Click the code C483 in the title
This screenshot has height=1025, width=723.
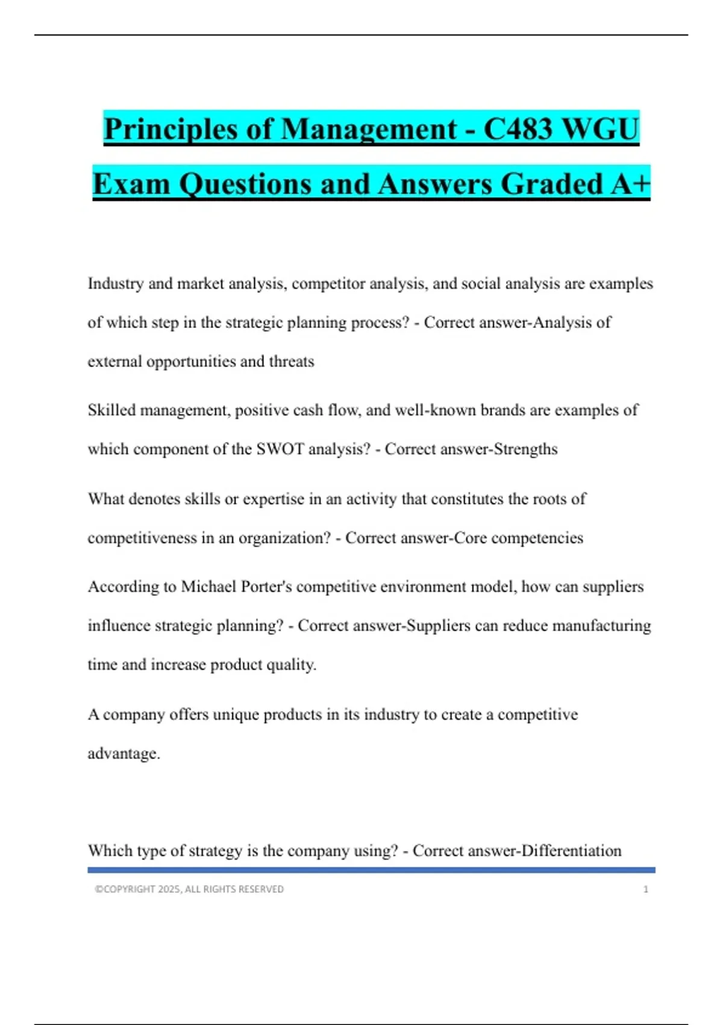tap(518, 129)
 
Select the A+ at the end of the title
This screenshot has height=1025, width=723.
tap(630, 183)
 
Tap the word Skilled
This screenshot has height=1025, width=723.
tap(111, 410)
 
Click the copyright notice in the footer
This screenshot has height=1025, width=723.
tap(189, 889)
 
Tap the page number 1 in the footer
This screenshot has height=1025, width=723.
tap(646, 889)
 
